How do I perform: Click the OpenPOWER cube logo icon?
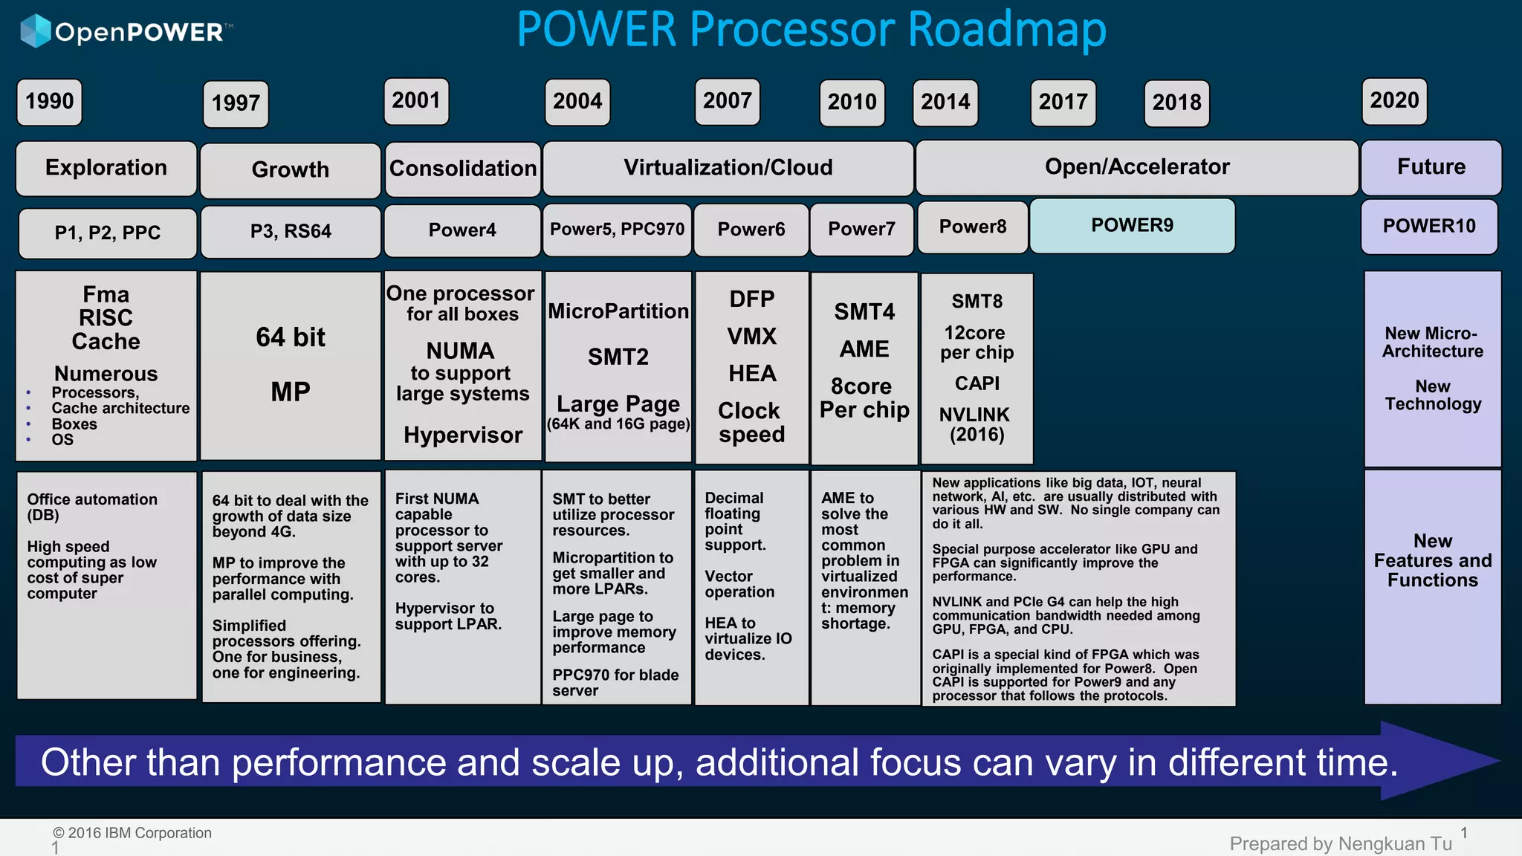(x=35, y=31)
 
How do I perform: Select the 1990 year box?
(x=49, y=102)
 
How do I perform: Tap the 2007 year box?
(x=728, y=101)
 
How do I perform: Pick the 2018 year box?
(x=1176, y=103)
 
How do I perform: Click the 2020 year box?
(x=1394, y=101)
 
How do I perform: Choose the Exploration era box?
(x=106, y=169)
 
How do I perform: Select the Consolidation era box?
(x=463, y=169)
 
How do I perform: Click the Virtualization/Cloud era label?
(x=728, y=168)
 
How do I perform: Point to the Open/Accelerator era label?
(x=1136, y=167)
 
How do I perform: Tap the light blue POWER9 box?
(x=1132, y=226)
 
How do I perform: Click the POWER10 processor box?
(x=1428, y=227)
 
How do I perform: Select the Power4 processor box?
(x=462, y=230)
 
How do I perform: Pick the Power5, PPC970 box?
(x=617, y=230)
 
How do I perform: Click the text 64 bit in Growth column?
(x=291, y=337)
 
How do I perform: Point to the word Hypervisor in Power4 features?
(x=463, y=435)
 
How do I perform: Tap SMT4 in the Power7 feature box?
(x=864, y=312)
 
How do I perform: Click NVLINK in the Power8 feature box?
(x=974, y=415)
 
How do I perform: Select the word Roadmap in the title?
(x=1006, y=30)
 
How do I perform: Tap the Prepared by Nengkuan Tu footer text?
(x=1340, y=843)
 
